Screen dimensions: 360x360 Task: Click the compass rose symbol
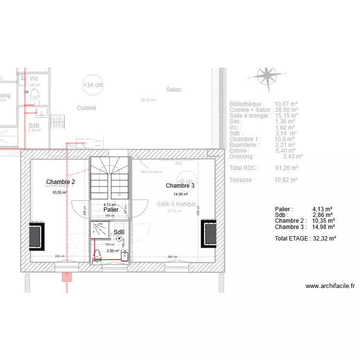[x=264, y=77]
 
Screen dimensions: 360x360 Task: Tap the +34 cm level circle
[x=93, y=85]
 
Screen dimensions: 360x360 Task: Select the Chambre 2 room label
[x=60, y=182]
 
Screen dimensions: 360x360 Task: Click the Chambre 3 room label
[x=180, y=186]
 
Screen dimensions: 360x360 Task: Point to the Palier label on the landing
[x=111, y=210]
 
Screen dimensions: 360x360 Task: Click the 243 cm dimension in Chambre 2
[x=60, y=256]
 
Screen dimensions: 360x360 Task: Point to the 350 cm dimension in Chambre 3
[x=172, y=256]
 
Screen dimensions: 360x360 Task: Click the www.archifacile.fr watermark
[x=330, y=287]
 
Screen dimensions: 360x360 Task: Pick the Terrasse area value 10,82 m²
[x=286, y=180]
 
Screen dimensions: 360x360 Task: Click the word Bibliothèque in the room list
[x=247, y=104]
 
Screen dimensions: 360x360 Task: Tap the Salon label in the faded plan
[x=174, y=90]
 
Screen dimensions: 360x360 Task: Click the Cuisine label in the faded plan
[x=86, y=108]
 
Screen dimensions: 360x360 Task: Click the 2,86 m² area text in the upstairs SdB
[x=113, y=251]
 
